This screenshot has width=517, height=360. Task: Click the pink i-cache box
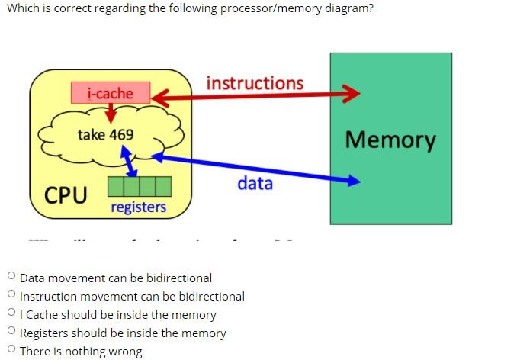(110, 93)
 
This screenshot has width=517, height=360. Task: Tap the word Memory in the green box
(390, 140)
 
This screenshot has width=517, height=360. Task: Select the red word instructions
(255, 83)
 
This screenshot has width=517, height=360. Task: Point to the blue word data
(255, 183)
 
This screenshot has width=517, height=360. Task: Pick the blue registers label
(138, 207)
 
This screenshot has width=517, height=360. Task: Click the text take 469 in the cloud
(105, 134)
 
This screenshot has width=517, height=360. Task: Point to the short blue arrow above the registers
(128, 162)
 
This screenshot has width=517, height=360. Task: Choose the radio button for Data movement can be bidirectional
(11, 278)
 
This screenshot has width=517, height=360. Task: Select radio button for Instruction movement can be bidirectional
(11, 296)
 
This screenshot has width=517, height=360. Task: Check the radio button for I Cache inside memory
(11, 314)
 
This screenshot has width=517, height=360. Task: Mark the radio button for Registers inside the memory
(11, 333)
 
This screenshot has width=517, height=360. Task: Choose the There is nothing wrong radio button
(11, 351)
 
